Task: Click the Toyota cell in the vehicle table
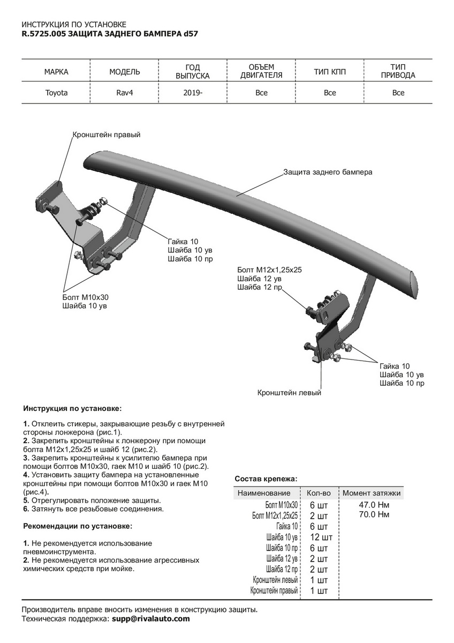click(x=56, y=93)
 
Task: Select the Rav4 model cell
click(x=124, y=93)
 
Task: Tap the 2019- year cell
click(x=192, y=93)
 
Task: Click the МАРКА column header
click(x=56, y=72)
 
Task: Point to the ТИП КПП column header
click(x=330, y=72)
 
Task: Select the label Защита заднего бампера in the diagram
click(x=328, y=173)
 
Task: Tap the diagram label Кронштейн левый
click(x=289, y=393)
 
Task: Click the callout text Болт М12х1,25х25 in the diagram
click(x=269, y=270)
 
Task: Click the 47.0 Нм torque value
click(x=374, y=505)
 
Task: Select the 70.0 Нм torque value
click(x=374, y=515)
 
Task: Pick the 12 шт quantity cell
click(x=321, y=537)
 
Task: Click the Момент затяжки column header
click(x=372, y=493)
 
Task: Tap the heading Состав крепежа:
click(x=266, y=478)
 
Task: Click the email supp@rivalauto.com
click(x=150, y=618)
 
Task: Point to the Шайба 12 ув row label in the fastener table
click(x=282, y=559)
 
